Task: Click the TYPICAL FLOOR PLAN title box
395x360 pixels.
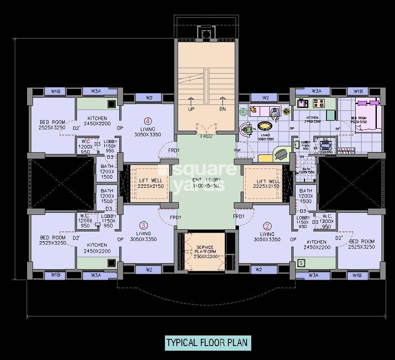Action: pos(208,342)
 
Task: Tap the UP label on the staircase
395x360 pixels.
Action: pos(191,109)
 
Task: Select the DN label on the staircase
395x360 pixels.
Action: pos(223,109)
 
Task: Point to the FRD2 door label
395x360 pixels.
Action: pos(206,136)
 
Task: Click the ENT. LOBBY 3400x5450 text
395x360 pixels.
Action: pos(206,183)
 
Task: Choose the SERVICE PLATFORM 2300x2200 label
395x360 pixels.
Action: pos(205,252)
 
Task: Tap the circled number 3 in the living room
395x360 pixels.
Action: pos(144,225)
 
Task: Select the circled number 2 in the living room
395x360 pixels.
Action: pos(267,226)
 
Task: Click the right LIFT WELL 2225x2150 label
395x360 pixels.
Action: pos(268,183)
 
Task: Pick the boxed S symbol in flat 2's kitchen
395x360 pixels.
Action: pos(301,263)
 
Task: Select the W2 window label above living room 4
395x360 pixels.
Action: pos(149,98)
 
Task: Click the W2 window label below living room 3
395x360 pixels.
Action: pos(149,269)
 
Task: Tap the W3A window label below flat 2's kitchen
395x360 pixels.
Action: pos(313,275)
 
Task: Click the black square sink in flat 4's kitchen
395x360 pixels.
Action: pos(112,103)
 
